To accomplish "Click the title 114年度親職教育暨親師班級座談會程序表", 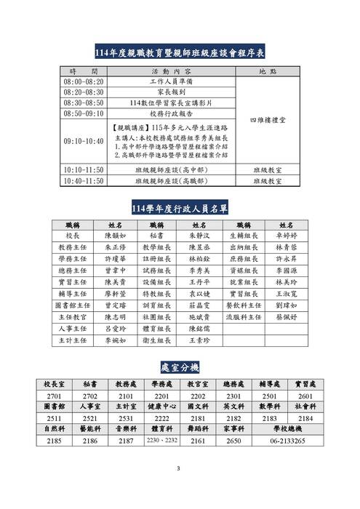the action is coord(180,52).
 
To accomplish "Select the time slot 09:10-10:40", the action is coord(83,140).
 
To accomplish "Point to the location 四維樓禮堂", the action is coord(268,119).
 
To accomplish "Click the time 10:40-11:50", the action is coord(83,180).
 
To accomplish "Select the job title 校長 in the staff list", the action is coord(71,236).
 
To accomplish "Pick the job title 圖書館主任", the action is coord(71,307).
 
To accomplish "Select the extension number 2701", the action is coord(55,396).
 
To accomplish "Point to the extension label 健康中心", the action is coord(161,406).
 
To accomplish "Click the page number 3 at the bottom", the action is coord(180,469).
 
